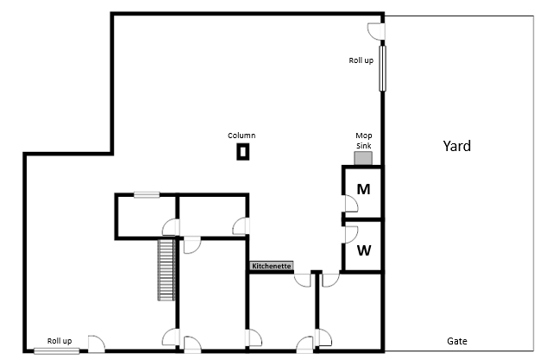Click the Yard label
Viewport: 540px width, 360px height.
pos(456,146)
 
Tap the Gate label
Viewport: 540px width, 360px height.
pos(456,341)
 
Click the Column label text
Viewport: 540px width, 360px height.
pos(242,136)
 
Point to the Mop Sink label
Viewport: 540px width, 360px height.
pos(364,140)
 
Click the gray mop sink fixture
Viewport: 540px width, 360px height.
pos(363,157)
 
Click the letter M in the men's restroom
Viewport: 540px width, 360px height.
pos(364,189)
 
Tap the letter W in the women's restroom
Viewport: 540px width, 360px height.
pos(364,250)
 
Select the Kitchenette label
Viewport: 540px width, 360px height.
pos(272,267)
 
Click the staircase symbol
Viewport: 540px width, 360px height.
pos(166,269)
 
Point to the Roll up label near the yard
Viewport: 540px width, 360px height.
pos(361,60)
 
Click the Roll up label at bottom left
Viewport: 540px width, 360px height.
pos(60,341)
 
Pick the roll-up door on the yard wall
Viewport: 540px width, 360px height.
pos(381,68)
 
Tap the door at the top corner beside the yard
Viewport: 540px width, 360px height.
pos(376,30)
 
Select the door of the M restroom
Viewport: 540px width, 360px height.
pos(350,204)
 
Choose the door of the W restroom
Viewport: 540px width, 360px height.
pos(350,233)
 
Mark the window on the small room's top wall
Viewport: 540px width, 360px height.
pos(147,195)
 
